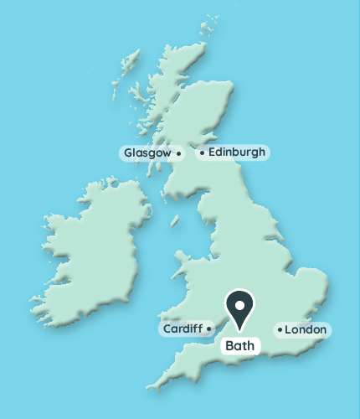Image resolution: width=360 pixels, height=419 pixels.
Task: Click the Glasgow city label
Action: [148, 153]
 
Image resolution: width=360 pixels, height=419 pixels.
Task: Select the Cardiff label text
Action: [183, 329]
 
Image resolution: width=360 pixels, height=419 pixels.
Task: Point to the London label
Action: [306, 330]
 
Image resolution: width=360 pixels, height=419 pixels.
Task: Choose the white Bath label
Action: [240, 345]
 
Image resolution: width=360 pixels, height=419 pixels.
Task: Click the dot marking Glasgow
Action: [178, 153]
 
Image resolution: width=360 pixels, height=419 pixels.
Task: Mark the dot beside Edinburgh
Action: [202, 153]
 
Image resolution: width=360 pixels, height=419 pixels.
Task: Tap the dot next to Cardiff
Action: [208, 329]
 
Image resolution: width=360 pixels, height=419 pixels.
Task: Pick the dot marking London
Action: [280, 330]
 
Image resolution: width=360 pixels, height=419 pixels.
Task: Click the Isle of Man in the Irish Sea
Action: [176, 221]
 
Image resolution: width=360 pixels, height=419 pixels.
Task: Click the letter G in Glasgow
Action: [128, 153]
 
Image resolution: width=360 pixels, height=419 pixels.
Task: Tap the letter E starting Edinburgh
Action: [211, 153]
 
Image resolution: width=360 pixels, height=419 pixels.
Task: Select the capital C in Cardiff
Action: [167, 329]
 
